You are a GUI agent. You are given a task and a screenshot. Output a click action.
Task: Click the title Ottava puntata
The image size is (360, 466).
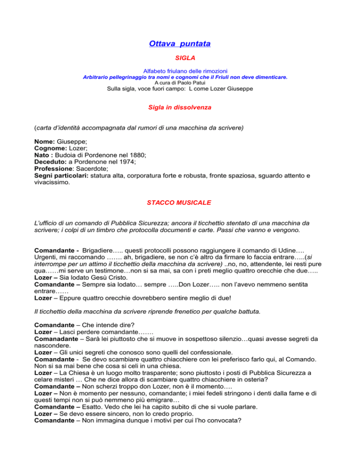(180, 44)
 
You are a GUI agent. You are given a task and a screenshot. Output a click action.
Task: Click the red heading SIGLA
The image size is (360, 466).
(180, 58)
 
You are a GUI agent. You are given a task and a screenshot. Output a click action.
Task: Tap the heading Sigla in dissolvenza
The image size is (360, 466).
(180, 107)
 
